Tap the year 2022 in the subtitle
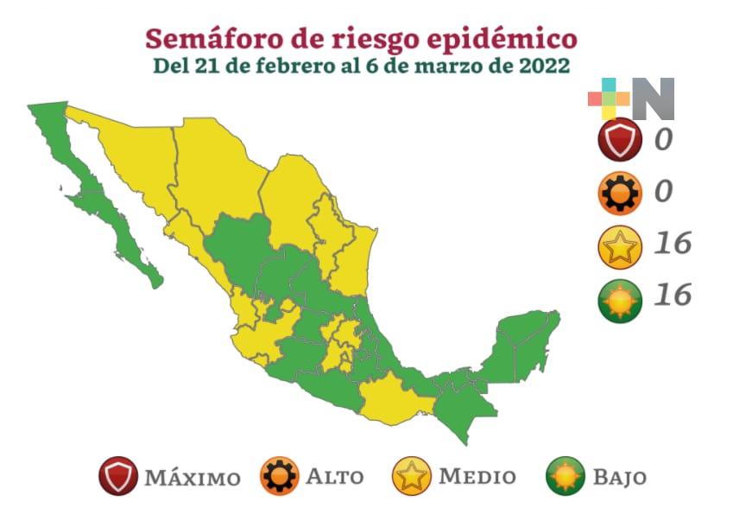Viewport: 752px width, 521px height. pyautogui.click(x=543, y=66)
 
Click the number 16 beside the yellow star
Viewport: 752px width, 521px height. pyautogui.click(x=673, y=244)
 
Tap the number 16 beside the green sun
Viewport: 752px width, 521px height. pyautogui.click(x=673, y=295)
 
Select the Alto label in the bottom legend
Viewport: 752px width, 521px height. pyautogui.click(x=335, y=477)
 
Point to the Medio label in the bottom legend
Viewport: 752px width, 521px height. pyautogui.click(x=477, y=477)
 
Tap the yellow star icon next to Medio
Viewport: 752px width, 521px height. pyautogui.click(x=412, y=476)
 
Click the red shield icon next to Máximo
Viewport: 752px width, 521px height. pyautogui.click(x=118, y=476)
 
